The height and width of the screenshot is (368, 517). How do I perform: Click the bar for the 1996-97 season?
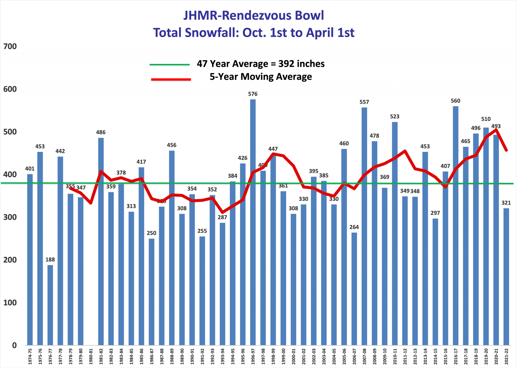[x=253, y=222]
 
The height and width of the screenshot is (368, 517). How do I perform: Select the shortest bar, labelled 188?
[x=50, y=305]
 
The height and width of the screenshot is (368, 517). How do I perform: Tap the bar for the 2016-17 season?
[x=455, y=226]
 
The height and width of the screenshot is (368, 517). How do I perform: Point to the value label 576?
[x=253, y=94]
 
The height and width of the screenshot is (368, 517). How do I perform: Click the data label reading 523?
[x=394, y=116]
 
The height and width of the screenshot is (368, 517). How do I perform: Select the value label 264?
[x=354, y=227]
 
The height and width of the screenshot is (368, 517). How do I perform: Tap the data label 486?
[x=101, y=132]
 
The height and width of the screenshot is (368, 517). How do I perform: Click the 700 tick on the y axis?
[x=10, y=46]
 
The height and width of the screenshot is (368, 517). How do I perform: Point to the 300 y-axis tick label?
[x=10, y=217]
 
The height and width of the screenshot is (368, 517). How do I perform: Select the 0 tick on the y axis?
[x=14, y=345]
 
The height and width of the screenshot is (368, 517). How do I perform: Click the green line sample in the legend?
[x=170, y=64]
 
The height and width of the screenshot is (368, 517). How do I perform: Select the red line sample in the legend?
[x=171, y=79]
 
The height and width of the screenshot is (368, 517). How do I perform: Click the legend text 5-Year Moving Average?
[x=261, y=77]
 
